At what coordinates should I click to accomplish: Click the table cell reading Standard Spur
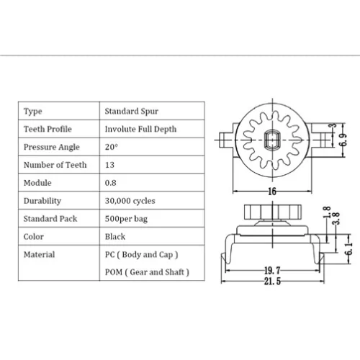pos(132,111)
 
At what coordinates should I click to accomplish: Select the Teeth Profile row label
pos(48,129)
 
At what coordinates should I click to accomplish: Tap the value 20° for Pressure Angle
pos(112,147)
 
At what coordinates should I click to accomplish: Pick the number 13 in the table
pos(109,165)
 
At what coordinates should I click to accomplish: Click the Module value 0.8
pos(111,183)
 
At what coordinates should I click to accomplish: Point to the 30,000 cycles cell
pos(130,201)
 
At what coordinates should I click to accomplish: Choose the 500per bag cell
pos(126,219)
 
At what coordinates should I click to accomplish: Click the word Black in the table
pos(115,237)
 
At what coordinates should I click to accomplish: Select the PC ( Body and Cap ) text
pos(141,255)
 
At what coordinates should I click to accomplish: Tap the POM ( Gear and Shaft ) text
pos(147,272)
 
